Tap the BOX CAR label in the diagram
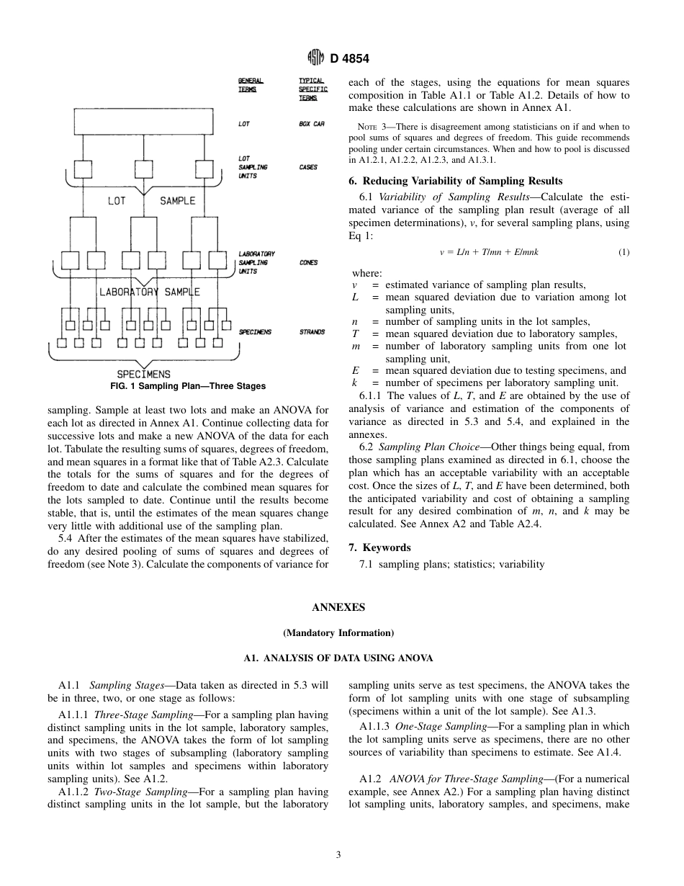[312, 124]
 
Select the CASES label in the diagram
[308, 167]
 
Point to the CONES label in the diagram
[308, 263]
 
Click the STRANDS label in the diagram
[312, 332]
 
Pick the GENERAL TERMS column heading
[251, 85]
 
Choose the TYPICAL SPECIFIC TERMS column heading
[313, 89]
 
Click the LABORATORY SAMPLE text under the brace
[149, 292]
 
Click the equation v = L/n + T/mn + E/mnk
[489, 252]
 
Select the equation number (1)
[624, 252]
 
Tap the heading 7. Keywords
[379, 547]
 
